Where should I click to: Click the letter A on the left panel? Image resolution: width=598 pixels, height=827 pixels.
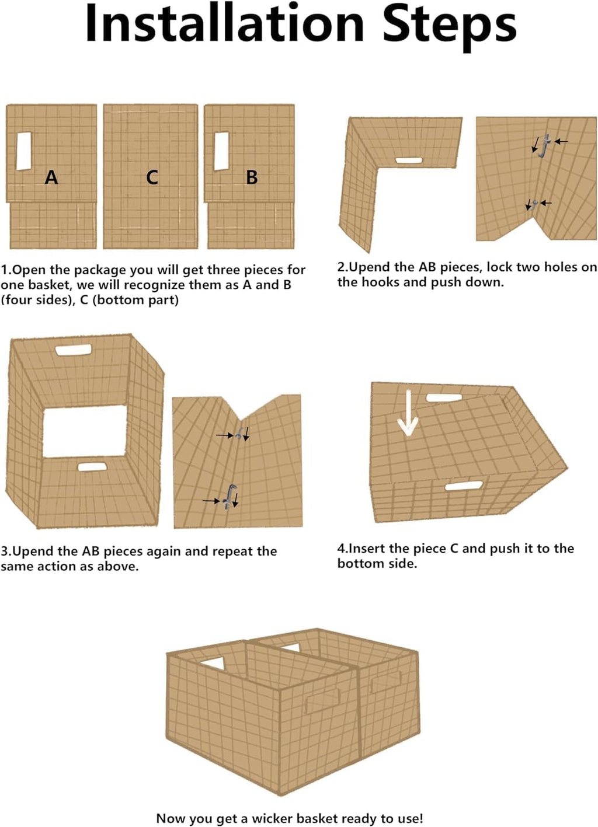tap(51, 177)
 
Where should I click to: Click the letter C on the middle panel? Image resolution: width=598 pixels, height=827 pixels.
tap(152, 177)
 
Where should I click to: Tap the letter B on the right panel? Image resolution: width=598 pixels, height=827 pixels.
tap(252, 177)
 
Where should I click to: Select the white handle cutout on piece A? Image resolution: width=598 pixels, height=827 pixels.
tap(23, 151)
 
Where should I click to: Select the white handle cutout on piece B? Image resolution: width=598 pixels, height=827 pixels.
tap(221, 151)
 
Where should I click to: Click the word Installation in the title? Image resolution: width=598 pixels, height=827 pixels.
tap(225, 23)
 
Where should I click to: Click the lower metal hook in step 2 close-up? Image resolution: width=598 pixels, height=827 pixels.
tap(534, 204)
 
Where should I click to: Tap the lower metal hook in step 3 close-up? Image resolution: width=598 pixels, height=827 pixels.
tap(229, 497)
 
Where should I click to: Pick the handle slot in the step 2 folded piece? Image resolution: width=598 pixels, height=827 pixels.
tap(409, 160)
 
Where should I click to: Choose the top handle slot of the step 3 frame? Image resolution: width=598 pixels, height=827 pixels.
tap(74, 350)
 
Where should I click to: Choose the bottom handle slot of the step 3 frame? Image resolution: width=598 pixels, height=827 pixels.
tap(92, 467)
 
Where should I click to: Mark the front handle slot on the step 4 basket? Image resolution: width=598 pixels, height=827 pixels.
tap(464, 486)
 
